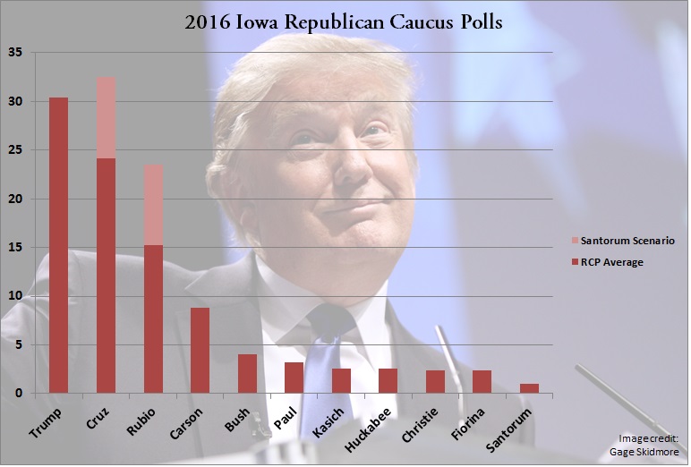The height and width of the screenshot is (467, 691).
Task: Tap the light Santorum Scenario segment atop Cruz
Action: click(x=106, y=117)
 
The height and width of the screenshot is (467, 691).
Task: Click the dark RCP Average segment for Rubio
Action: click(x=153, y=318)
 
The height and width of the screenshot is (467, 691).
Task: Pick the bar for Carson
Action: click(x=200, y=350)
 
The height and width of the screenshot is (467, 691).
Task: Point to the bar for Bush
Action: click(x=247, y=373)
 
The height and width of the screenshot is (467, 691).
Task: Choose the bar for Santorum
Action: click(x=529, y=388)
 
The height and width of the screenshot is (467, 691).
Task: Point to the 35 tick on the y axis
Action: click(x=15, y=53)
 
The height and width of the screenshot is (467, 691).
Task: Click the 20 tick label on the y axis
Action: click(x=15, y=199)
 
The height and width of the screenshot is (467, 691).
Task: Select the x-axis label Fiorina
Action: click(x=476, y=417)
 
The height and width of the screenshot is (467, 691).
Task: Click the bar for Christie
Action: click(x=435, y=381)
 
